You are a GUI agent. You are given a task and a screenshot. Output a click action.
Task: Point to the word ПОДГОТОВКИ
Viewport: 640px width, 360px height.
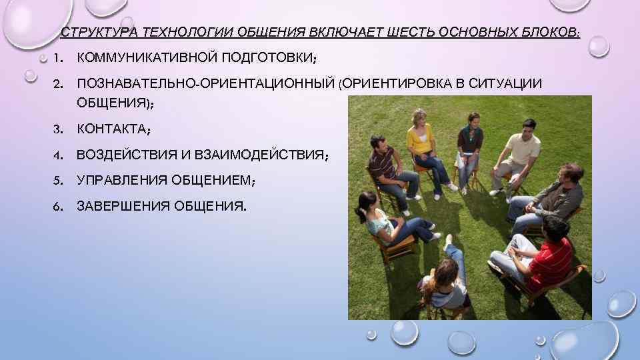click(x=264, y=58)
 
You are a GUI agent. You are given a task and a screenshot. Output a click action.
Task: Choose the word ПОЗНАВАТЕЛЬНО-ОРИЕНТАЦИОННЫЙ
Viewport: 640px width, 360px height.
click(x=206, y=84)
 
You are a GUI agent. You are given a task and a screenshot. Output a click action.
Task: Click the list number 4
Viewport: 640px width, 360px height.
click(x=59, y=155)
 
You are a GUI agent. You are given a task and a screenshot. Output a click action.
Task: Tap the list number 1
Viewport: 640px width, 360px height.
click(x=59, y=58)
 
